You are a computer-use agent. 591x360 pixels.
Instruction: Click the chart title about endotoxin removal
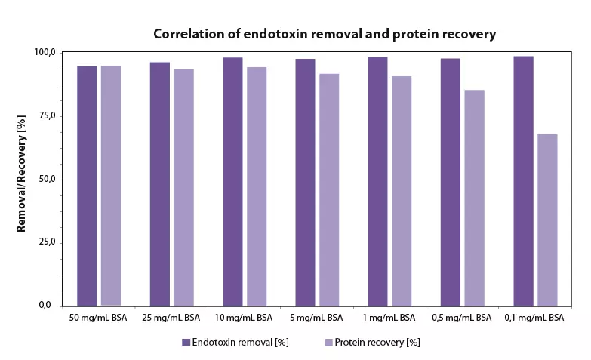point(325,34)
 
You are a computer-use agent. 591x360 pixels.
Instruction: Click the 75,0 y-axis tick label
point(47,115)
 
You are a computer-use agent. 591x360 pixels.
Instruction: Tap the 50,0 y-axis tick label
point(47,179)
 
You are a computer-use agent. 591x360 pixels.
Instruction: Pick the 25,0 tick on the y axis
point(47,242)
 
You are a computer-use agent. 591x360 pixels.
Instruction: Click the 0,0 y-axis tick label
point(49,306)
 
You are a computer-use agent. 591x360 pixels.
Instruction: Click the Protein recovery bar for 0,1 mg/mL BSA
point(547,220)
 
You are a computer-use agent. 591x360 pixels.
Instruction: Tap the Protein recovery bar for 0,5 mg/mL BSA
point(474,198)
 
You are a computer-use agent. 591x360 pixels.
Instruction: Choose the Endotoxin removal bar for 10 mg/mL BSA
point(232,181)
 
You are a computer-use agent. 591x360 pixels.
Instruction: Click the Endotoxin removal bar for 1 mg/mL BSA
point(377,181)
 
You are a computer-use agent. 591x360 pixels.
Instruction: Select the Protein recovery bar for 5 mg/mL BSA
point(329,189)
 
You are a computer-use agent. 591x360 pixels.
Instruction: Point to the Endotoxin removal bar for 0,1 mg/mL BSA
point(523,180)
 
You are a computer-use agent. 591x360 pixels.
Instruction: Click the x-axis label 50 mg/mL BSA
point(97,318)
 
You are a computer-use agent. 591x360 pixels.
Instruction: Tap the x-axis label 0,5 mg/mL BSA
point(461,318)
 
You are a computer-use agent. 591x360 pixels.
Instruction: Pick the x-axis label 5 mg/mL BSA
point(317,318)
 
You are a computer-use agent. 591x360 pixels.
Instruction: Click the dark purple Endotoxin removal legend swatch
point(186,343)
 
